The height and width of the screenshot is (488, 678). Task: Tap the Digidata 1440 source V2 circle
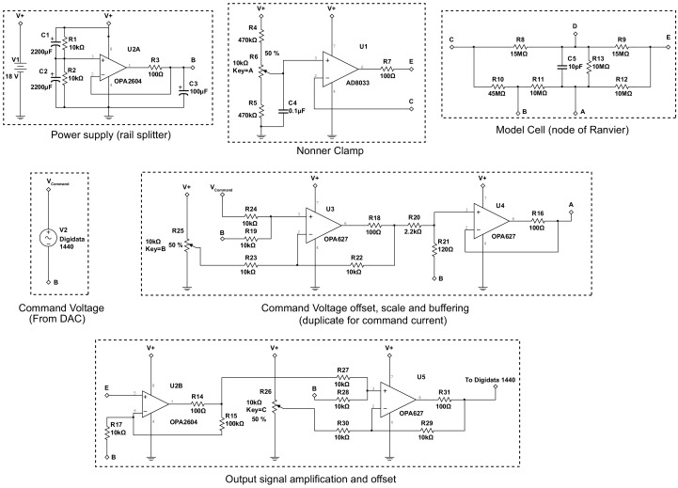(49, 239)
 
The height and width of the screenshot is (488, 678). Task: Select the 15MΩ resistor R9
(622, 49)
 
